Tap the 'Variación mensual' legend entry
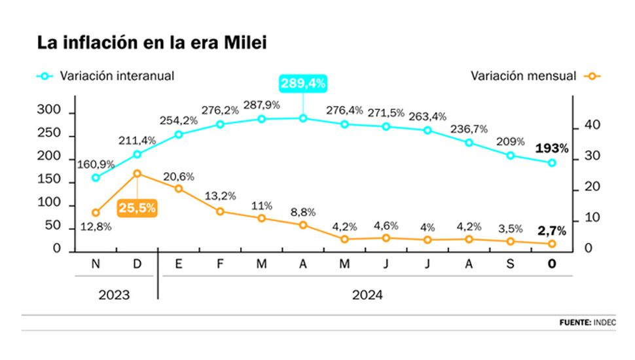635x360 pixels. [523, 76]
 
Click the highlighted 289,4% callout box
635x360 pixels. [302, 84]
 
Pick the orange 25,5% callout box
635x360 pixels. [137, 208]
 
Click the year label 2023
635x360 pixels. [114, 295]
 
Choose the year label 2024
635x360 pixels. [367, 295]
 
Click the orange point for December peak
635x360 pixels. [137, 173]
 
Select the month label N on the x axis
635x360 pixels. [96, 263]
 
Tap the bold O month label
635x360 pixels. [552, 263]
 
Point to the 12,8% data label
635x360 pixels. [96, 227]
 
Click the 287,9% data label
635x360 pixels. [262, 105]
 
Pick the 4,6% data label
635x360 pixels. [386, 226]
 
